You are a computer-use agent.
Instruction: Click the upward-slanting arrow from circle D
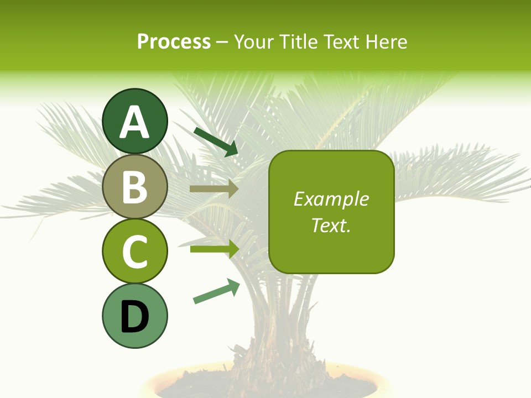point(216,292)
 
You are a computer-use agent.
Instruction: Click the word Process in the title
point(174,41)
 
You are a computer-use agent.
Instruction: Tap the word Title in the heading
point(298,41)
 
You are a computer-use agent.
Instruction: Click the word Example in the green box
point(331,199)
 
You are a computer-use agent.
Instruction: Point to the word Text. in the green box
point(331,225)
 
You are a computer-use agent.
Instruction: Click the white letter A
point(134,123)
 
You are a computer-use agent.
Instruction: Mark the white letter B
point(134,187)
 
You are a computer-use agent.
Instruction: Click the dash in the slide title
point(222,42)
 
